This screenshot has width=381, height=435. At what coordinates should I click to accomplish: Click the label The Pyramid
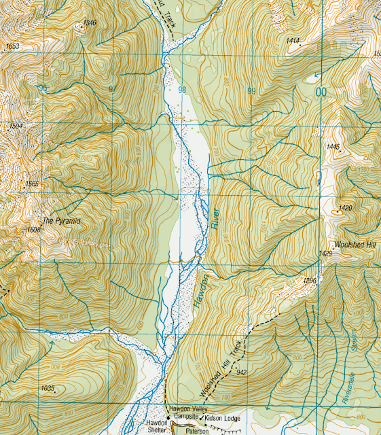[62, 221]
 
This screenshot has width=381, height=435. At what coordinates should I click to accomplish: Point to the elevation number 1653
[12, 46]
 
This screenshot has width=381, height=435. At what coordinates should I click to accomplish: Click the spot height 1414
[293, 41]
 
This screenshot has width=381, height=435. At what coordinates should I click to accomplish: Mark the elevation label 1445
[332, 147]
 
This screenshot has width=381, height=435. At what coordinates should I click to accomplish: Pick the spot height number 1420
[345, 208]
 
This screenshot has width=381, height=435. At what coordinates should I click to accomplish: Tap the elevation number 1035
[47, 387]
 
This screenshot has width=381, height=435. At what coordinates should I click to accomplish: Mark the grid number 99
[251, 90]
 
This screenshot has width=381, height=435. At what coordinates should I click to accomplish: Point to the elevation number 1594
[12, 126]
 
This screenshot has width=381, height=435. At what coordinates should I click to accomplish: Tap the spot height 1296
[310, 280]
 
